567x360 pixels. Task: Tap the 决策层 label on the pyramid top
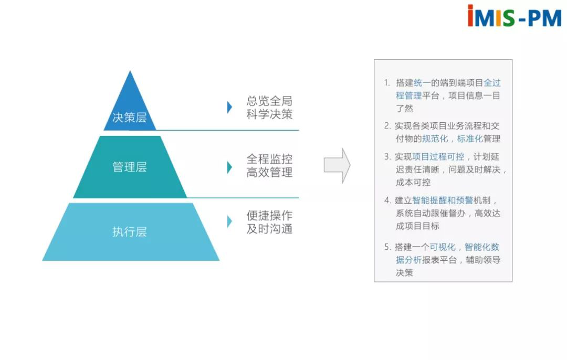coord(129,118)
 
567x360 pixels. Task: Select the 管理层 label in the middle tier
coord(130,167)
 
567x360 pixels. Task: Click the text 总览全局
coord(269,101)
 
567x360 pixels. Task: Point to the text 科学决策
coord(269,114)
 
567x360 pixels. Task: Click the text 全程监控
coord(269,159)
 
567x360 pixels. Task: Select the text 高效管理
coord(269,172)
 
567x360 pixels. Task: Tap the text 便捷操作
coord(269,216)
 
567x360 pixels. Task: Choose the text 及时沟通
coord(269,229)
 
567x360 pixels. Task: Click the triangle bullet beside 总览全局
coord(229,107)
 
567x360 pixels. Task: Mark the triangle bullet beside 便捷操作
coord(229,221)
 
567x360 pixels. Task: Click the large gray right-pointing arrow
coord(337,166)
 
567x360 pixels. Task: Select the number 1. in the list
coord(387,83)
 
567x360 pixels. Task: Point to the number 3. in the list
coord(387,156)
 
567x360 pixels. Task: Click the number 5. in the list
coord(387,247)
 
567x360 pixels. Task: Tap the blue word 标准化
coord(469,139)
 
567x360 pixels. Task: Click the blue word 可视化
coord(443,247)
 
